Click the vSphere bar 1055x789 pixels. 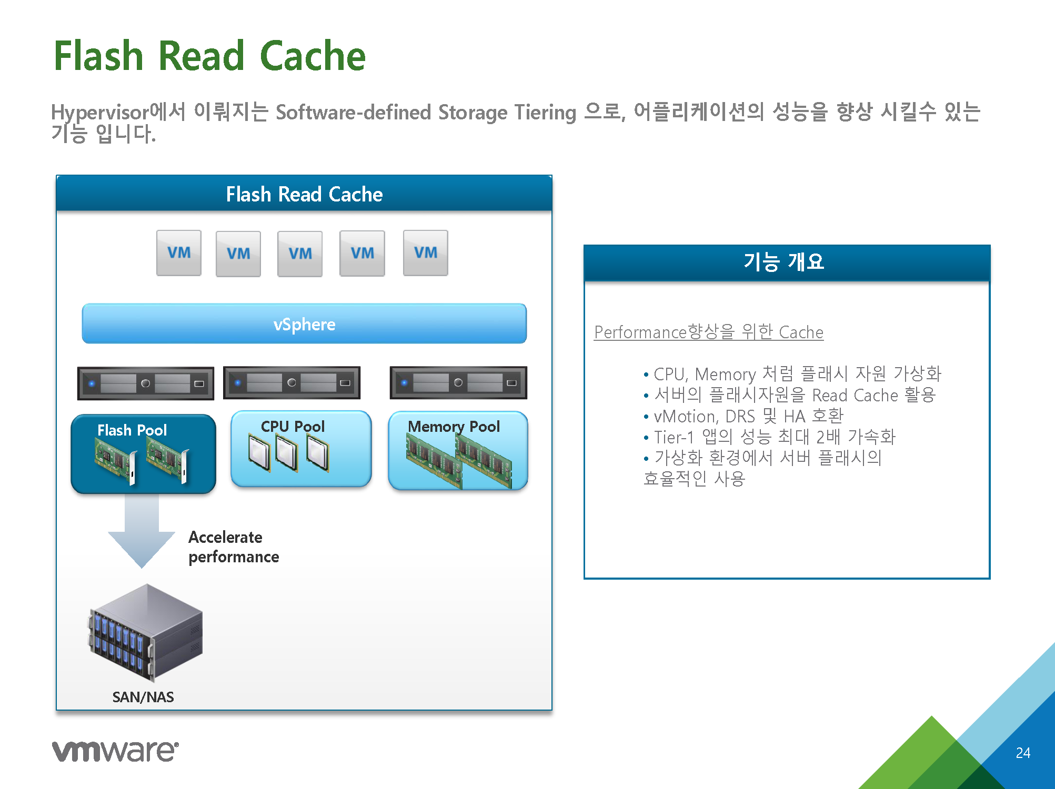[304, 323]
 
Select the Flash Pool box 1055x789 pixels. [143, 454]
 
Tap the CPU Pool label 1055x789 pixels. [293, 426]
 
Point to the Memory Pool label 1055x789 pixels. [454, 427]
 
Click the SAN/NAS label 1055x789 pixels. [143, 697]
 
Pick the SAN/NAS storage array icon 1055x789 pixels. [146, 633]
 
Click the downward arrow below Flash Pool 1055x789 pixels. [142, 531]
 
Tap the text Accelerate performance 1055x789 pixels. [234, 547]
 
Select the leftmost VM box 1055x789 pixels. [179, 253]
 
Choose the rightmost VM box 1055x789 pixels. [426, 253]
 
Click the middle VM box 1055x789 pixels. [300, 254]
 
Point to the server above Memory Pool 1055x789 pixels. [458, 383]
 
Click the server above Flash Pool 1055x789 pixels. [146, 383]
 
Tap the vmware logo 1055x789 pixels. [115, 751]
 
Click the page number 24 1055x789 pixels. [1023, 753]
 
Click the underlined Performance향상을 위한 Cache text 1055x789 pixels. [709, 332]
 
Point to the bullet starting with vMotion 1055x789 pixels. [743, 416]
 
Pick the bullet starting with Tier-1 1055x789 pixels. [769, 437]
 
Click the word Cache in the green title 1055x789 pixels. [313, 56]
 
